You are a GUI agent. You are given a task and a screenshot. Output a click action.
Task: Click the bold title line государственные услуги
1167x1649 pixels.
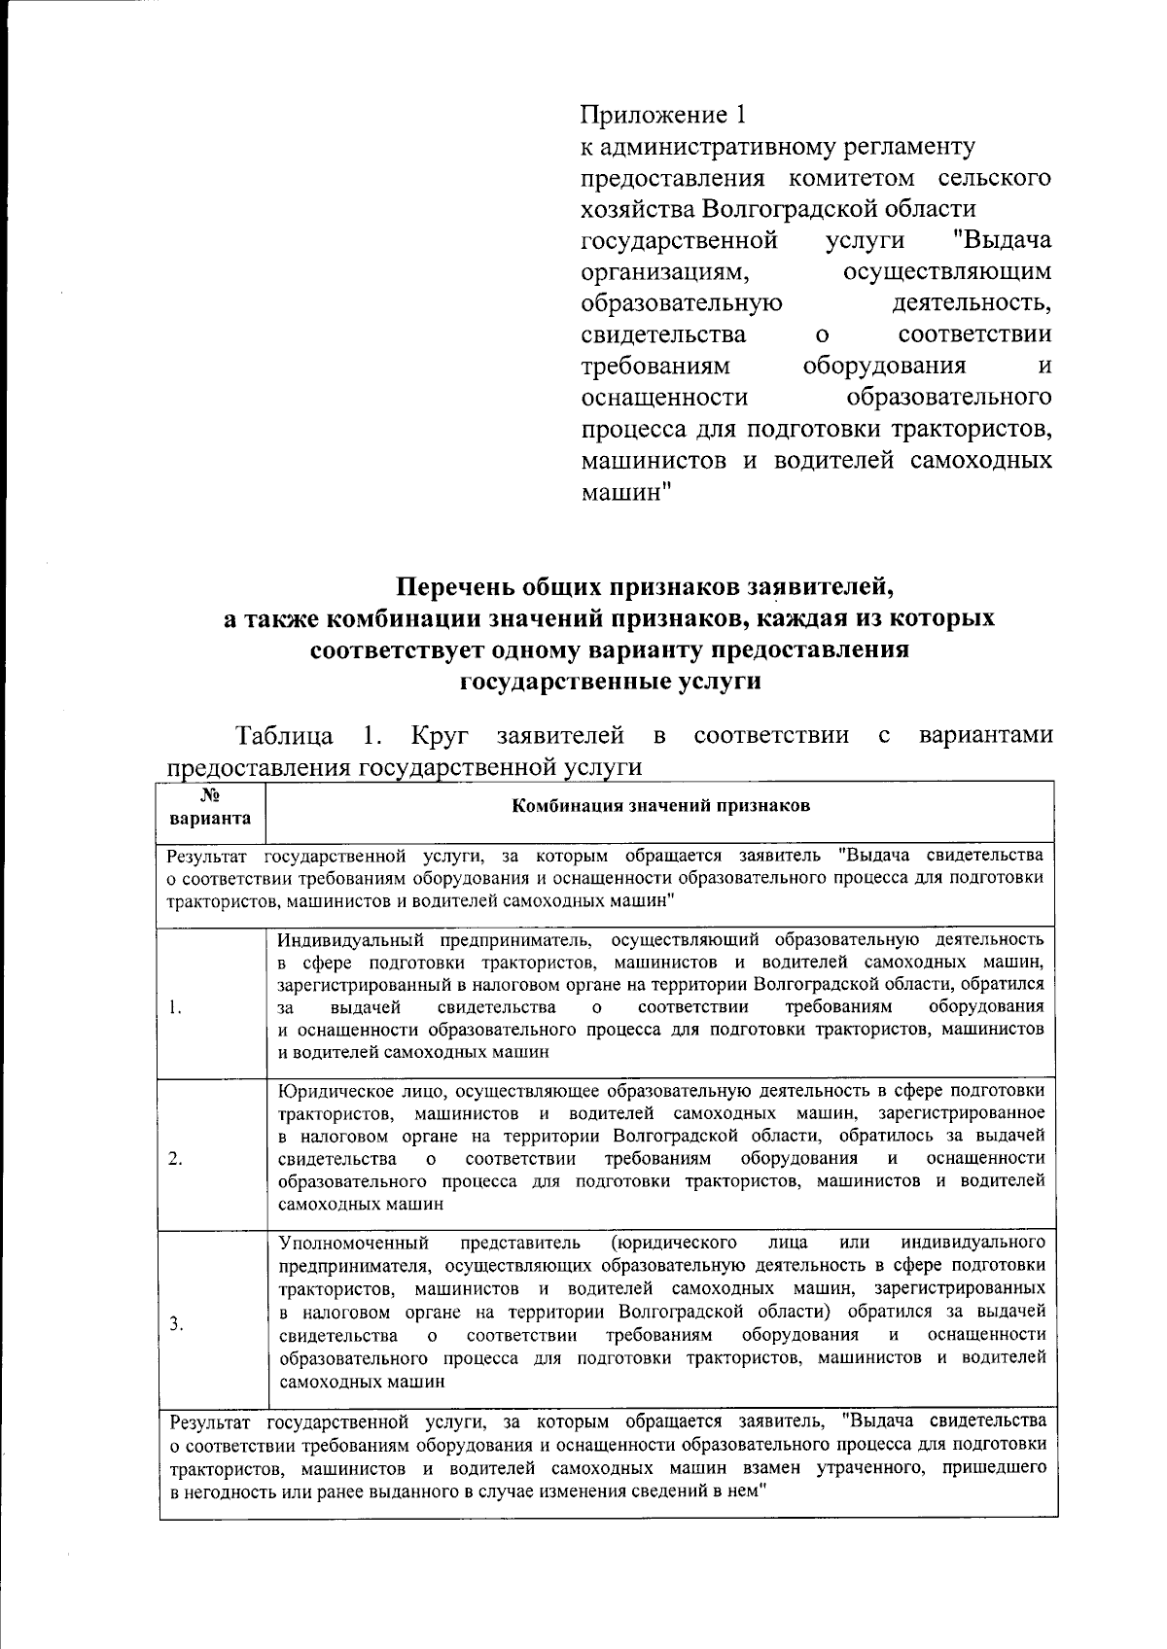point(609,681)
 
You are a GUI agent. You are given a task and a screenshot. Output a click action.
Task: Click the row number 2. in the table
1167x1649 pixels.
point(175,1158)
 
